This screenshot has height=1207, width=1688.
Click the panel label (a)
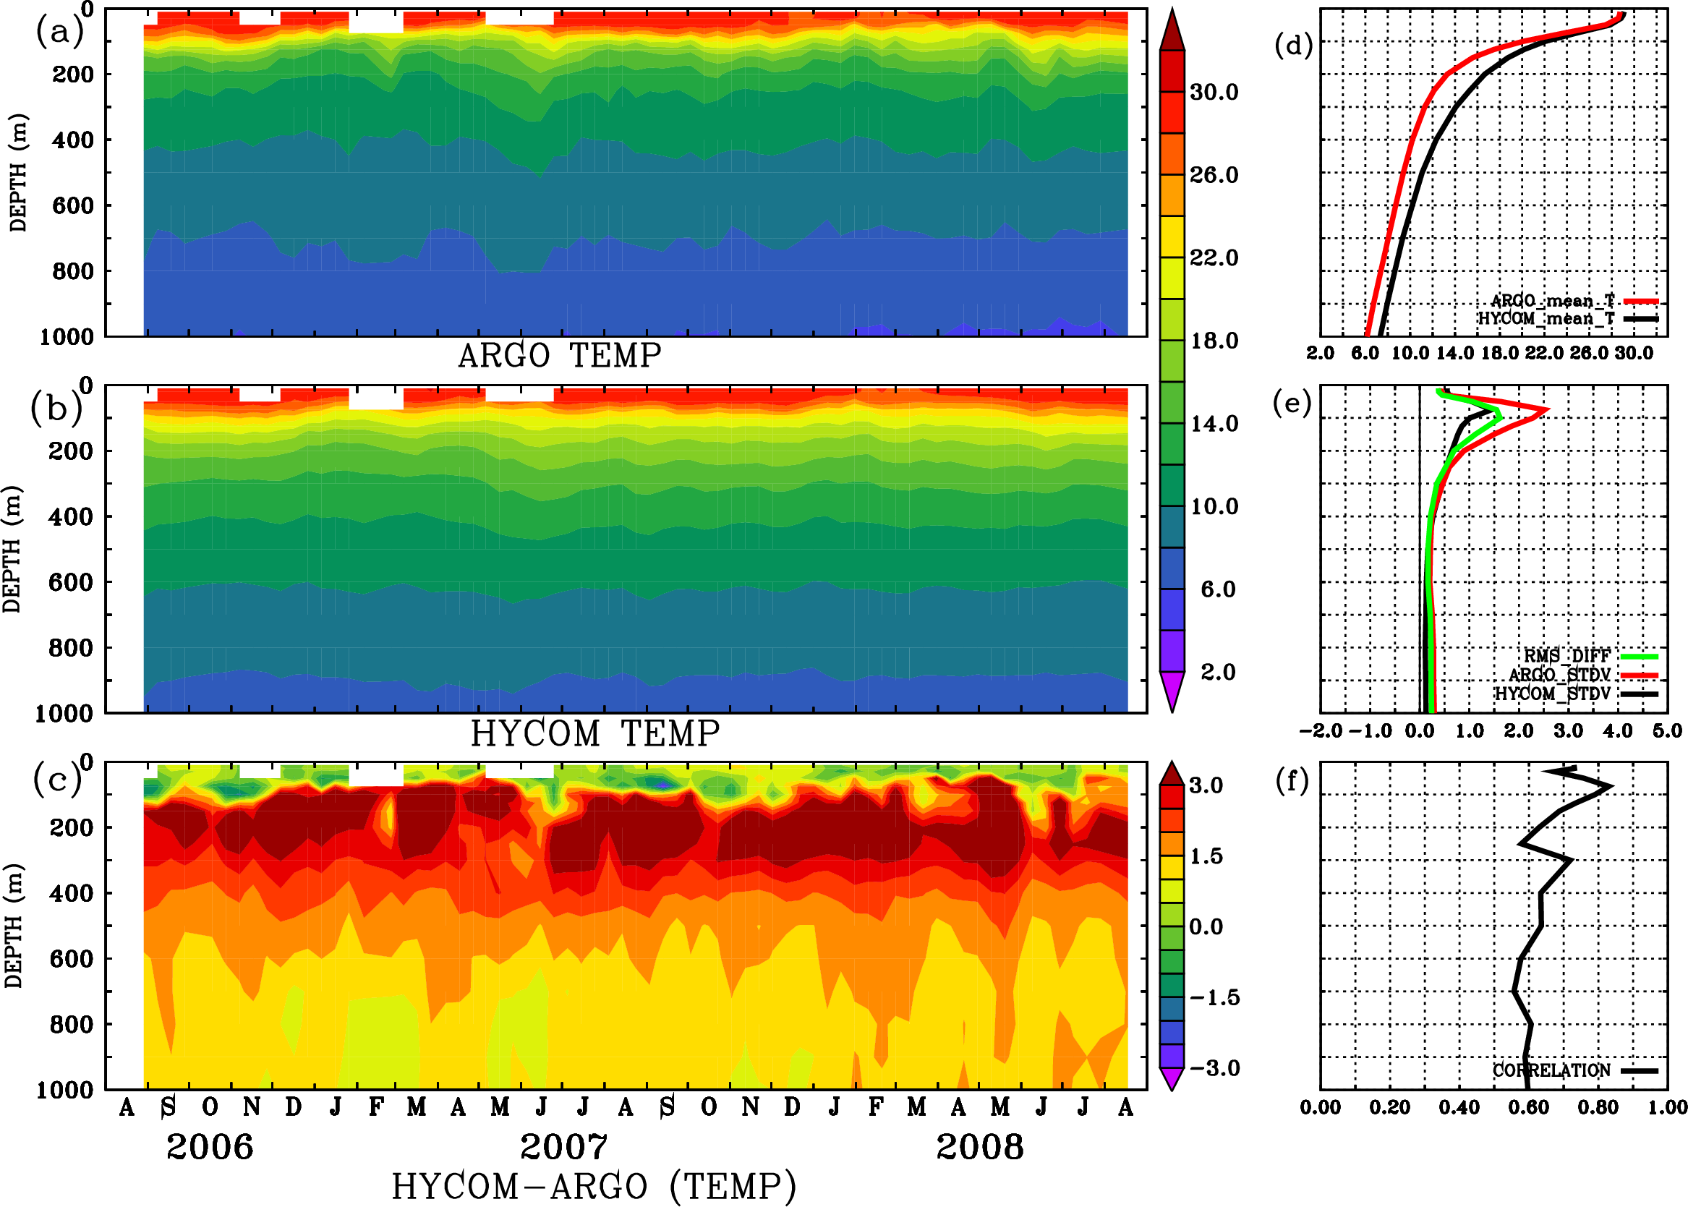pyautogui.click(x=59, y=32)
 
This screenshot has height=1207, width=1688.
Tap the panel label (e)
pyautogui.click(x=1292, y=404)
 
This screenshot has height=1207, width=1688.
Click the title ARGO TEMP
pyautogui.click(x=559, y=356)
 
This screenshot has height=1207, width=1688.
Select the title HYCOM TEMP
pyautogui.click(x=594, y=733)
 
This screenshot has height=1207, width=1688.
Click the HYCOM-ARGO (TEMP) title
pyautogui.click(x=593, y=1185)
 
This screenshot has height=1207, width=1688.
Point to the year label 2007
pyautogui.click(x=563, y=1147)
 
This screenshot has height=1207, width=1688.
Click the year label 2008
pyautogui.click(x=979, y=1147)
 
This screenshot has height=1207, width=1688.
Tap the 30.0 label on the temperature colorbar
pyautogui.click(x=1214, y=92)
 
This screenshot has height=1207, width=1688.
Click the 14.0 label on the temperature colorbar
pyautogui.click(x=1214, y=424)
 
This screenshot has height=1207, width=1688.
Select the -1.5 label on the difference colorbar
pyautogui.click(x=1214, y=997)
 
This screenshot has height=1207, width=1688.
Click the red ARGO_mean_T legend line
pyautogui.click(x=1640, y=301)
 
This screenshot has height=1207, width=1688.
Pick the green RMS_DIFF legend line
pyautogui.click(x=1639, y=656)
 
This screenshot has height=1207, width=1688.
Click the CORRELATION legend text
pyautogui.click(x=1551, y=1071)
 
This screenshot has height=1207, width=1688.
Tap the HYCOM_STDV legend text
pyautogui.click(x=1552, y=694)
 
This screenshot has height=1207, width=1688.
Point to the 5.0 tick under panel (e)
pyautogui.click(x=1667, y=730)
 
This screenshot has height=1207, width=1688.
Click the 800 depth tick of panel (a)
pyautogui.click(x=72, y=271)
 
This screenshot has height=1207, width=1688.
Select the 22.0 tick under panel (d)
pyautogui.click(x=1544, y=353)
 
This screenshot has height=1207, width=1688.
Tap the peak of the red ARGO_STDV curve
pyautogui.click(x=1548, y=409)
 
